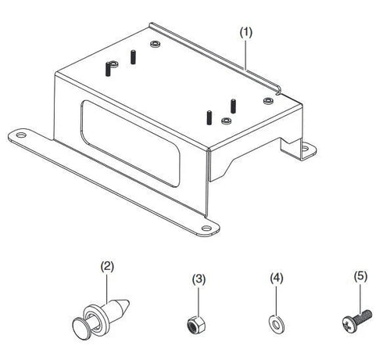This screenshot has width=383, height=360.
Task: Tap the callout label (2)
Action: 108,265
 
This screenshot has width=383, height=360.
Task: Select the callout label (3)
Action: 199,278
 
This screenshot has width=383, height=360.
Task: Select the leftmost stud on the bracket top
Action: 103,69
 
